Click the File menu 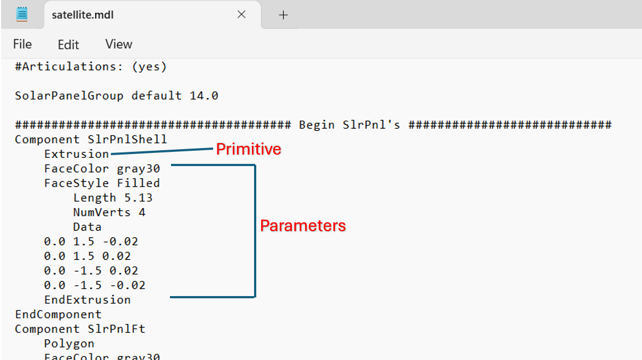pos(22,44)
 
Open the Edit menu pos(68,45)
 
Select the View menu pos(119,44)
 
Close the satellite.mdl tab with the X pos(242,15)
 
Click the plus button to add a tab pos(283,15)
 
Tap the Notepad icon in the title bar pos(22,15)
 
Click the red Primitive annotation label pos(249,149)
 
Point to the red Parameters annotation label pos(303,226)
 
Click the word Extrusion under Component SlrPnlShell pos(76,154)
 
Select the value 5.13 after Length pos(138,198)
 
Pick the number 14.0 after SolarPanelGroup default pos(204,96)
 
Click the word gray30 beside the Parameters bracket pos(138,169)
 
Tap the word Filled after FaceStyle pos(138,183)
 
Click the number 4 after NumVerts pos(142,212)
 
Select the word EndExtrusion pos(87,299)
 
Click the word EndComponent pos(58,314)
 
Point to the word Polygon pos(69,344)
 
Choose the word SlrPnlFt pos(116,329)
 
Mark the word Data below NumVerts pos(87,227)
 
